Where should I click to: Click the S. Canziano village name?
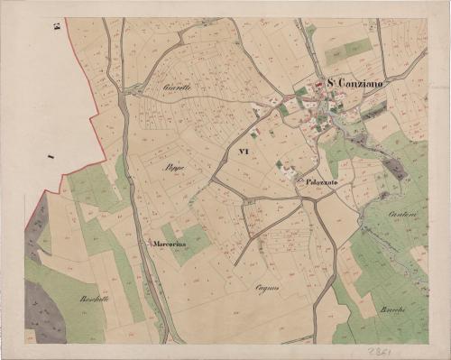(355, 85)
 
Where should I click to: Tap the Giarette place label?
(179, 88)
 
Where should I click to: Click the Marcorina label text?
(170, 243)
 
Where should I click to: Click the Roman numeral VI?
(242, 152)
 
